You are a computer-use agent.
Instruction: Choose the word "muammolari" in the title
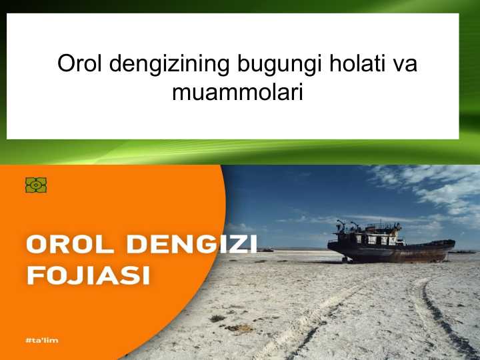pos(237,91)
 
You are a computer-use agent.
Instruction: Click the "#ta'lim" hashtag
pos(41,340)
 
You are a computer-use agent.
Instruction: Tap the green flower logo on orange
pos(35,185)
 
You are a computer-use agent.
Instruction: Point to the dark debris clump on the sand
pos(237,327)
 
